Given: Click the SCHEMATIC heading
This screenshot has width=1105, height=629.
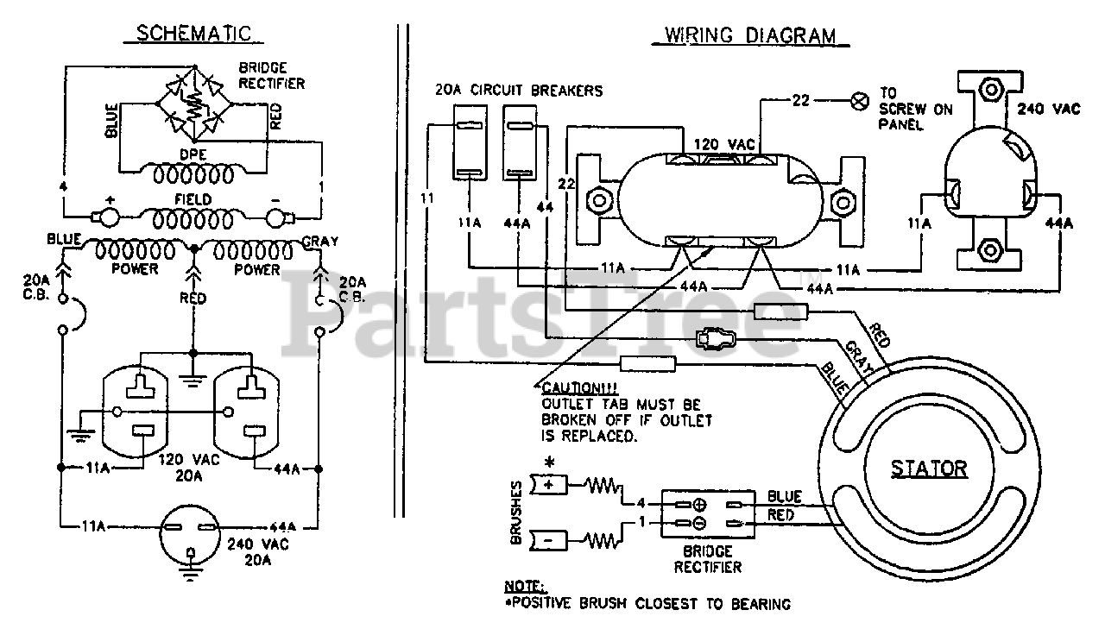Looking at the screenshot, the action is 193,34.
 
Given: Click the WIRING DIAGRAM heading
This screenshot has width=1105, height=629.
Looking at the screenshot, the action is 750,35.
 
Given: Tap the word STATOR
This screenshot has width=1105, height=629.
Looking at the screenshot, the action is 929,469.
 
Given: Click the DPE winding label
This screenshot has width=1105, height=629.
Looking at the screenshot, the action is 193,154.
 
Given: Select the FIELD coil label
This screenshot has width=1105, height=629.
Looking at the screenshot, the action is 193,199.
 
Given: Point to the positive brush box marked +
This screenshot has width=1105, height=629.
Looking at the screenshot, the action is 549,485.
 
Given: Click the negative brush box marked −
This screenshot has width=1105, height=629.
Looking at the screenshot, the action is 549,541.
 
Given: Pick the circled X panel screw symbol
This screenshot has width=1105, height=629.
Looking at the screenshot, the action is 860,101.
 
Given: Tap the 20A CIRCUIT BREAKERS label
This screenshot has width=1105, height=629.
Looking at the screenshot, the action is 519,91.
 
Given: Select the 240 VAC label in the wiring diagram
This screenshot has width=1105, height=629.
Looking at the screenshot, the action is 1049,109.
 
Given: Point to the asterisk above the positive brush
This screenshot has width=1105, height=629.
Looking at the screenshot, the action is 549,462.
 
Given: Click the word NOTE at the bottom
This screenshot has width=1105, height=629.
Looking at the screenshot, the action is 524,587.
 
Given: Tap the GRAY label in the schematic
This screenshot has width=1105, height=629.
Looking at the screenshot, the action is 320,241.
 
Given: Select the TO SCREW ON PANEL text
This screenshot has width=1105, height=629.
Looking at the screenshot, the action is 915,109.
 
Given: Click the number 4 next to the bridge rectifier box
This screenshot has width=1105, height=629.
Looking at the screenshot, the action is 641,503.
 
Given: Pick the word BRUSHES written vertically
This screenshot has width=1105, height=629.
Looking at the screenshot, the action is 516,513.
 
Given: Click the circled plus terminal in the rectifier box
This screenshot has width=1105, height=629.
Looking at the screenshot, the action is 700,505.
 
